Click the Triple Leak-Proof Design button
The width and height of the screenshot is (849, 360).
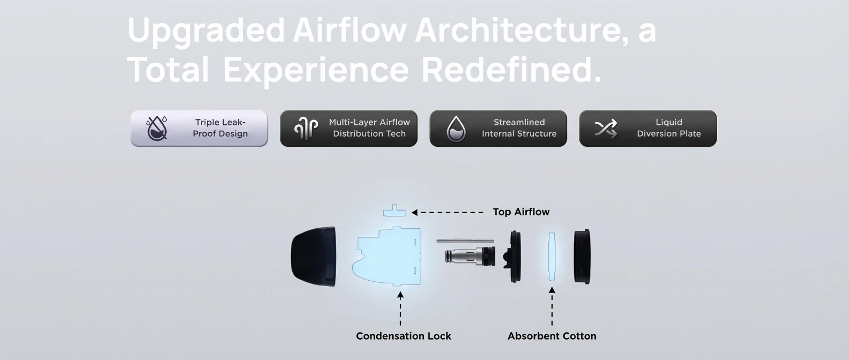199,129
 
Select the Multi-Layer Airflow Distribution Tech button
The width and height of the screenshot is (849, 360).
349,129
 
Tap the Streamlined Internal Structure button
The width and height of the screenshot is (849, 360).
498,129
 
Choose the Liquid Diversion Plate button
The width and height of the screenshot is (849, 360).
648,129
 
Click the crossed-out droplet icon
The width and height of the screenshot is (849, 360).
157,129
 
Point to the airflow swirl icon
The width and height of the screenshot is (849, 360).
306,129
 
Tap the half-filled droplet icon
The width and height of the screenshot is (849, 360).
456,129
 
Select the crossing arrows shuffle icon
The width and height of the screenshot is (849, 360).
606,129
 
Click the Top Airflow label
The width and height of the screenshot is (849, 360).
521,212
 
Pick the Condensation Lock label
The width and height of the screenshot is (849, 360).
404,336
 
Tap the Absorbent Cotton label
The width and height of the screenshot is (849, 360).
552,336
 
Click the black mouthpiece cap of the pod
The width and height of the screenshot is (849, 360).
314,257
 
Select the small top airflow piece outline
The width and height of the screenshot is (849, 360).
394,211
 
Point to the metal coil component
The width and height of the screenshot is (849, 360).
471,256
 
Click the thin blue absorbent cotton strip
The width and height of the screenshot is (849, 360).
552,257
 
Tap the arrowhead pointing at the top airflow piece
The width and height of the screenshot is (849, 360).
415,213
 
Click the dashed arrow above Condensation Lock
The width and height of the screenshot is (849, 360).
400,309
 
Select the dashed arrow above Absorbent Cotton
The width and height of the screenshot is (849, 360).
552,306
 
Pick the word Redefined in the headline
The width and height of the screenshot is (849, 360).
511,69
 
